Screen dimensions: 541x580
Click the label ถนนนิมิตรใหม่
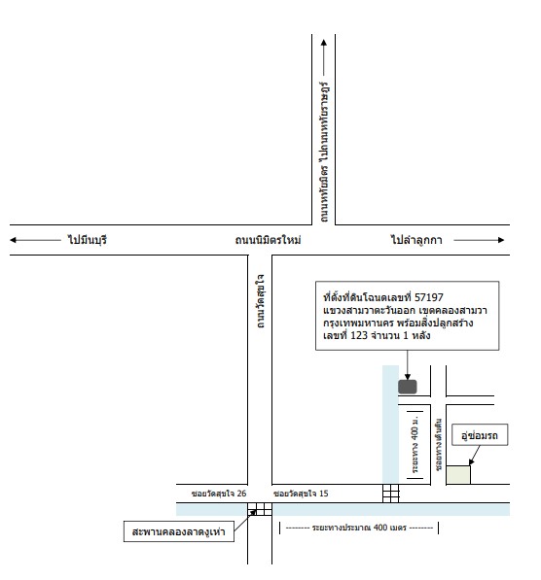pyautogui.click(x=268, y=240)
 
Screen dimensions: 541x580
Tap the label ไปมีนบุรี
pyautogui.click(x=87, y=240)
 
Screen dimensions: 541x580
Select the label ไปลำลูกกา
pyautogui.click(x=416, y=240)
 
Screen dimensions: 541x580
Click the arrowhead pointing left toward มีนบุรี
pyautogui.click(x=13, y=240)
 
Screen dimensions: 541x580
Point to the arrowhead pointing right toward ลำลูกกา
pyautogui.click(x=501, y=240)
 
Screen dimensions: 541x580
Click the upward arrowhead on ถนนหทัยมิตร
pyautogui.click(x=324, y=43)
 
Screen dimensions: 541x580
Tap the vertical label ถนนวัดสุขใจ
pyautogui.click(x=261, y=301)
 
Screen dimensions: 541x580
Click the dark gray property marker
pyautogui.click(x=408, y=387)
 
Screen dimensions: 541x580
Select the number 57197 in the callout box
pyautogui.click(x=429, y=297)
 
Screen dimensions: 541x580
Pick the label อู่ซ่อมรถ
pyautogui.click(x=480, y=435)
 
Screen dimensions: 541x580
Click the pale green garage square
pyautogui.click(x=458, y=475)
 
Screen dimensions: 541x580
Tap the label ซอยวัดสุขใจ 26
pyautogui.click(x=219, y=494)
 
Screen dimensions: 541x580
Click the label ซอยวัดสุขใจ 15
pyautogui.click(x=301, y=494)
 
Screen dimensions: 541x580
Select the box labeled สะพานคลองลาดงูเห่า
pyautogui.click(x=179, y=531)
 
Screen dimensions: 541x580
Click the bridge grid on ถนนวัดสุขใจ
pyautogui.click(x=260, y=509)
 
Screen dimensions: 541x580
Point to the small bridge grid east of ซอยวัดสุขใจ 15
pyautogui.click(x=391, y=494)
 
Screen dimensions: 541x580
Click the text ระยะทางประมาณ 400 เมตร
pyautogui.click(x=359, y=528)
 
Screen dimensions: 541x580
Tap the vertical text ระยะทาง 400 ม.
pyautogui.click(x=415, y=444)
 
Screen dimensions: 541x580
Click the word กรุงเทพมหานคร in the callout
pyautogui.click(x=358, y=323)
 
